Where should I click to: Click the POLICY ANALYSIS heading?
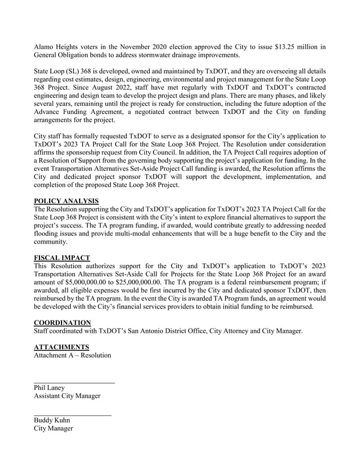pos(66,201)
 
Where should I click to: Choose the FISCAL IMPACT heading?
pos(62,258)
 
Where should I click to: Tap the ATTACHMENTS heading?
pos(62,346)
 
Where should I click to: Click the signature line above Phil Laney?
pos(74,383)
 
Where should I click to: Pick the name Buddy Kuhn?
pos(52,420)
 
